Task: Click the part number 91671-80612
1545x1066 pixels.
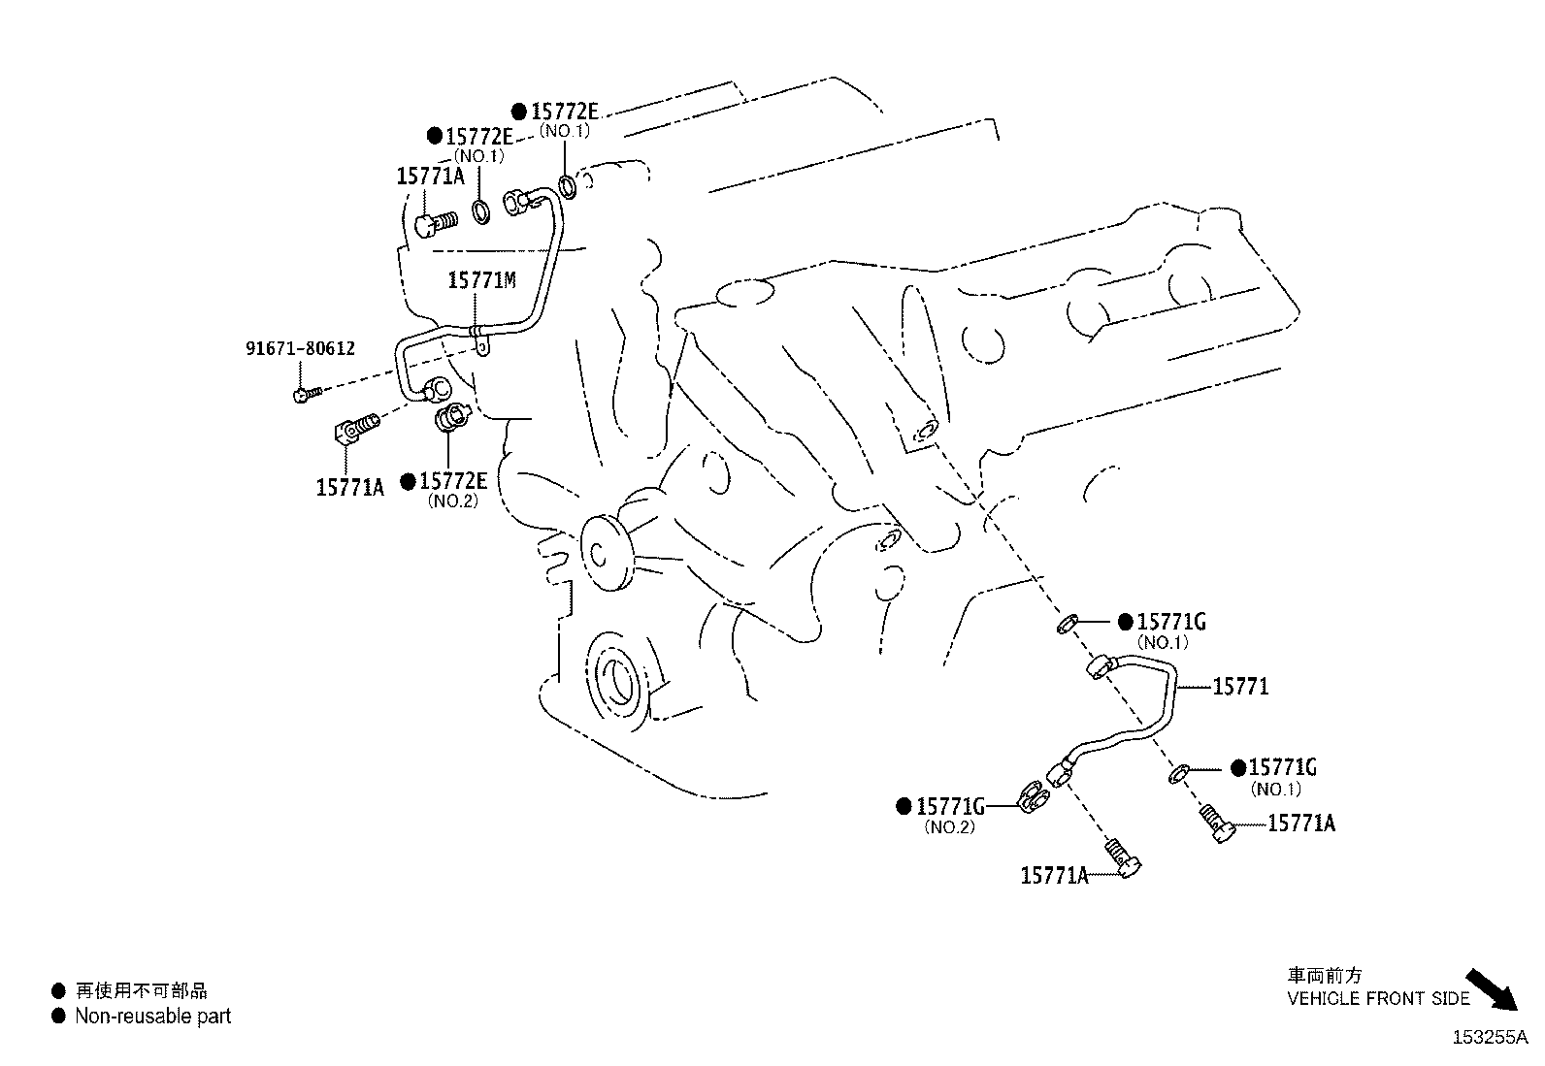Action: point(299,348)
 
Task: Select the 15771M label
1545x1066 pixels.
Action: point(481,281)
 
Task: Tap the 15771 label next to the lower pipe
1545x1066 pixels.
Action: point(1240,687)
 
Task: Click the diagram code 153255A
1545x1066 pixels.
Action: point(1490,1037)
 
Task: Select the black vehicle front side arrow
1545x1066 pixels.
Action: point(1491,989)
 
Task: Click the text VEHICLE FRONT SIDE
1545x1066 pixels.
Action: point(1378,998)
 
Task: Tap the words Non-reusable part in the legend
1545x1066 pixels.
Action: point(153,1017)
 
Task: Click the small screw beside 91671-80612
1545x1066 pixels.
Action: point(304,394)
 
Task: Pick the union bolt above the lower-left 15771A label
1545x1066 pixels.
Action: point(356,428)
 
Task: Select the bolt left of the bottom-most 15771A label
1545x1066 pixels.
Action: point(1125,858)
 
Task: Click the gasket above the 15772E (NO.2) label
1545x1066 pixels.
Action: point(449,419)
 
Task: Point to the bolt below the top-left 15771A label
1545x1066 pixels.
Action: point(437,224)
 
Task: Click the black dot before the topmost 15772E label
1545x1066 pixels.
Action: point(519,111)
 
